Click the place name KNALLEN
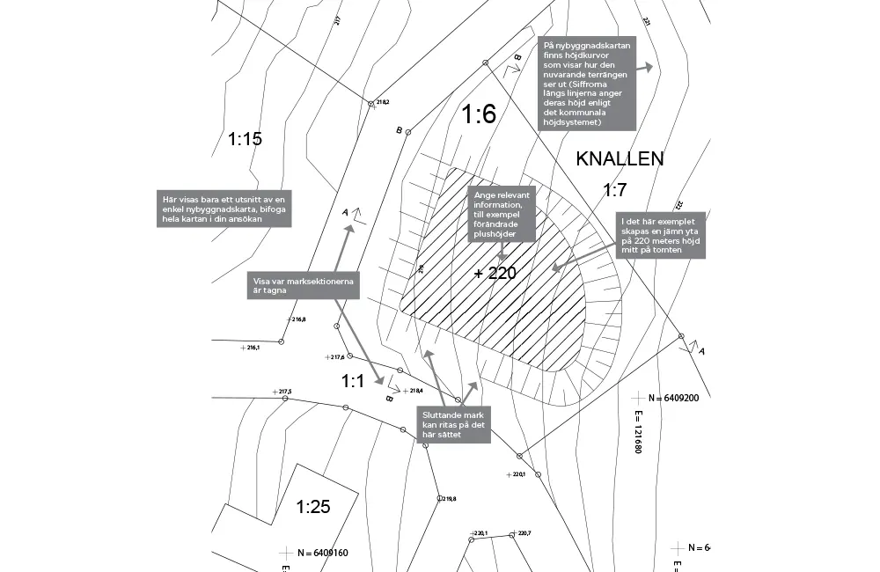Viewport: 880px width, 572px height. (620, 159)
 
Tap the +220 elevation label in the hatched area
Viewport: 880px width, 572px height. (495, 274)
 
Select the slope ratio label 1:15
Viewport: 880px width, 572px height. (246, 139)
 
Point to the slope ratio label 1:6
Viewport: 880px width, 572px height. (480, 114)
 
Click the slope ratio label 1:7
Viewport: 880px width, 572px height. (614, 190)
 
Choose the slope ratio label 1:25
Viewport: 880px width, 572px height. (312, 507)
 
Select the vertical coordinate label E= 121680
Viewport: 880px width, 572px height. (637, 430)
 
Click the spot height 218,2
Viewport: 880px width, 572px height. (383, 103)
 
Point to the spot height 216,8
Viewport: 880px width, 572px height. (298, 319)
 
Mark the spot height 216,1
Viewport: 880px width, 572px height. (253, 348)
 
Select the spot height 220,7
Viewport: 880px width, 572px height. (524, 533)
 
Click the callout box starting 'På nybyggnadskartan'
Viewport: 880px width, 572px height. (585, 84)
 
